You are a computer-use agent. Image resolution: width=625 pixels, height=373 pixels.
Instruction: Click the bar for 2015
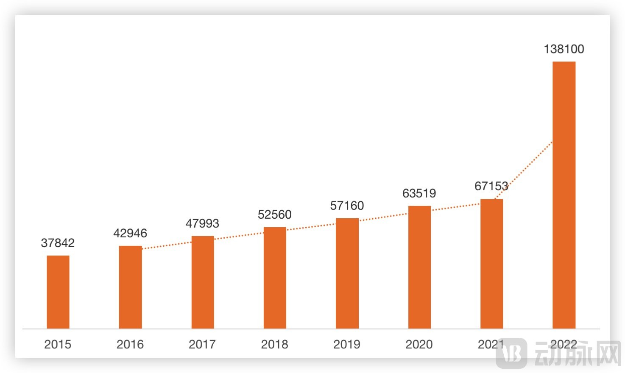point(58,292)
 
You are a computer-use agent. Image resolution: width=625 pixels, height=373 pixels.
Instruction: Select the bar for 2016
point(130,287)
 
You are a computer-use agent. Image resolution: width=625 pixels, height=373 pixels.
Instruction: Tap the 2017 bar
point(203,282)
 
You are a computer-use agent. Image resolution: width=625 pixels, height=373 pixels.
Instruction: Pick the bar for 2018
point(275,278)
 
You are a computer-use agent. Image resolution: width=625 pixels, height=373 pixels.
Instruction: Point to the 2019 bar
point(347,273)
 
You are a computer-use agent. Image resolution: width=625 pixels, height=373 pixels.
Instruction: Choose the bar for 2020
point(419,267)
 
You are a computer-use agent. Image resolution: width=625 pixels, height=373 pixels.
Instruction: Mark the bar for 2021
point(491,264)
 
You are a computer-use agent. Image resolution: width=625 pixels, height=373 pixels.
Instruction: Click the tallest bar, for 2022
point(564,195)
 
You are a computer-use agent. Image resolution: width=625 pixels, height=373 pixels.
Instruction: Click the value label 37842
point(58,243)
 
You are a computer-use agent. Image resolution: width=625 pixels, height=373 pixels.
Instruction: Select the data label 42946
point(130,233)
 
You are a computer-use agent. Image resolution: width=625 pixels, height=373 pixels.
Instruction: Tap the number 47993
point(202,223)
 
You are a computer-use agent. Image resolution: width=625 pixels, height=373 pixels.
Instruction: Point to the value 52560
point(275,214)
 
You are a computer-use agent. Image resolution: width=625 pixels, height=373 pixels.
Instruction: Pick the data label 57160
point(347,206)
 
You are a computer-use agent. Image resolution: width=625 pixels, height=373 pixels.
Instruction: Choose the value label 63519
point(419,193)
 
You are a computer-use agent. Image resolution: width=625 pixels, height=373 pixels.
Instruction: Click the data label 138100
point(564,49)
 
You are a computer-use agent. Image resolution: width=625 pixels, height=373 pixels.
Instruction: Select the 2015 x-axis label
point(58,344)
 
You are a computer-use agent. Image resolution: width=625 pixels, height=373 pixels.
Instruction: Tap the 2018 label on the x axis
point(275,344)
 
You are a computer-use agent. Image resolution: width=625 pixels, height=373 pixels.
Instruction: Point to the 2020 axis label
point(419,344)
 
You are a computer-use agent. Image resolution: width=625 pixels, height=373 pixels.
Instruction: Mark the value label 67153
point(491,186)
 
